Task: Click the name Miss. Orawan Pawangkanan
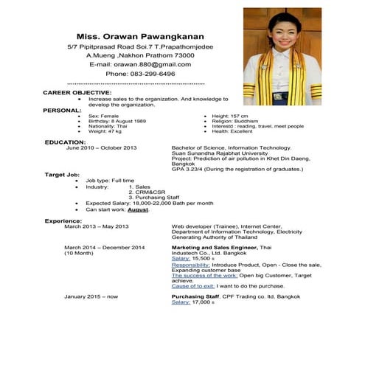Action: click(x=140, y=36)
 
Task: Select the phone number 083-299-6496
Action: click(x=140, y=74)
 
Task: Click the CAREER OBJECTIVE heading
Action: click(x=77, y=92)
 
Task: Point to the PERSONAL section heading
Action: click(x=62, y=109)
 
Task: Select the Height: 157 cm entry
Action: click(x=230, y=116)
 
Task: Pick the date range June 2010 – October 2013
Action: click(x=102, y=147)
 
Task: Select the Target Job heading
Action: click(x=62, y=174)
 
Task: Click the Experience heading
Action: click(x=63, y=220)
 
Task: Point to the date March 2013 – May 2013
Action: click(x=97, y=226)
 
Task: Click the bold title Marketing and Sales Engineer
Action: click(x=215, y=247)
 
